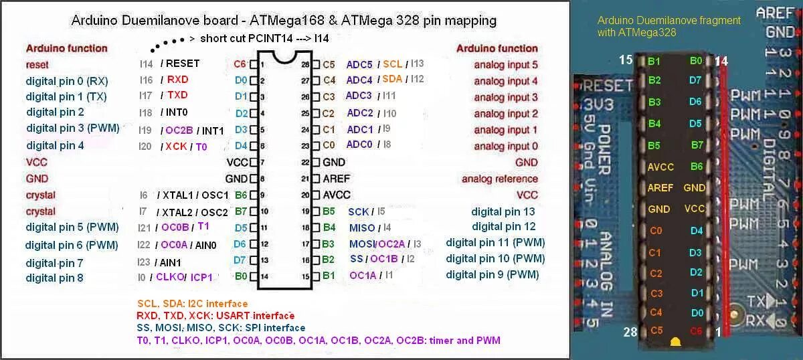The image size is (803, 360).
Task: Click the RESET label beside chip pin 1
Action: coord(183,64)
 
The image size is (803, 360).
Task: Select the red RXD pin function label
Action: coord(177,80)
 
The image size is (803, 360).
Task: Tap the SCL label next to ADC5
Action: coord(393,64)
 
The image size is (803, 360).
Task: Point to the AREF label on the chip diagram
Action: coord(337,179)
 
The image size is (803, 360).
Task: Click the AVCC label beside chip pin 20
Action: coord(337,195)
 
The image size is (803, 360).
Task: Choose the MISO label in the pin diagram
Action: coord(362,228)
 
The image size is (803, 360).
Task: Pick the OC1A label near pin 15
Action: coord(363,275)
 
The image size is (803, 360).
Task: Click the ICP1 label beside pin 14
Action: coord(201,277)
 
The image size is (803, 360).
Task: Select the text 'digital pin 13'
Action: coord(503,211)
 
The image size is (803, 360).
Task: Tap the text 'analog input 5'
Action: coord(506,65)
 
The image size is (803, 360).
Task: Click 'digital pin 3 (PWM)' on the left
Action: coord(72,128)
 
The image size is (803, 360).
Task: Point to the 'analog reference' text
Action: coord(499,179)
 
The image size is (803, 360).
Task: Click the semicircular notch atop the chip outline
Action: coord(284,58)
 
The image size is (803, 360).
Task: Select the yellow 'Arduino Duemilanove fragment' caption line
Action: coord(669,21)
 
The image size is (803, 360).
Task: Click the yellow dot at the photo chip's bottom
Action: coord(675,341)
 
